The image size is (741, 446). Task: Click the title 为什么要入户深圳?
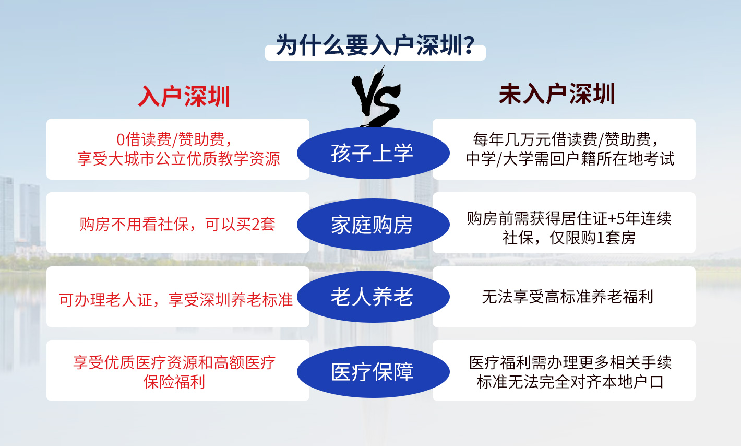pos(376,45)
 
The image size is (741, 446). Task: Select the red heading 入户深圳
pos(184,96)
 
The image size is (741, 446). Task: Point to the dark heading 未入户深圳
pos(557,94)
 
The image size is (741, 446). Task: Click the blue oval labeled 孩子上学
pos(373,153)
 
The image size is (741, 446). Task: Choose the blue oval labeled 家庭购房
pos(373,225)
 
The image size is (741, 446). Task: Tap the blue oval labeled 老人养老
pos(373,297)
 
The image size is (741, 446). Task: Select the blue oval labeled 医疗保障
pos(373,371)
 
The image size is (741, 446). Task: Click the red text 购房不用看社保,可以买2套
pos(177,224)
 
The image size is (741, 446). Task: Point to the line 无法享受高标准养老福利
pos(567,297)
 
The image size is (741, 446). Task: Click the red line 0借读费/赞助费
pos(174,139)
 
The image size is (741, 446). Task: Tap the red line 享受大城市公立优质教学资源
pos(178,159)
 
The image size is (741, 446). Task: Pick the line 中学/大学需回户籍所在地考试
pos(570,159)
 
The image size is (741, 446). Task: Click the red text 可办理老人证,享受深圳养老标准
pos(176,300)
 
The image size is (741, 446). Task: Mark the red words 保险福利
pos(174,382)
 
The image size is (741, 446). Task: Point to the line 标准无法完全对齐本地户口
pos(570,382)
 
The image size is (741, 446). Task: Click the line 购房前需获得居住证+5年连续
pos(569,218)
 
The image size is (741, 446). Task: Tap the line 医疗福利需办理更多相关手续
pos(570,362)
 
